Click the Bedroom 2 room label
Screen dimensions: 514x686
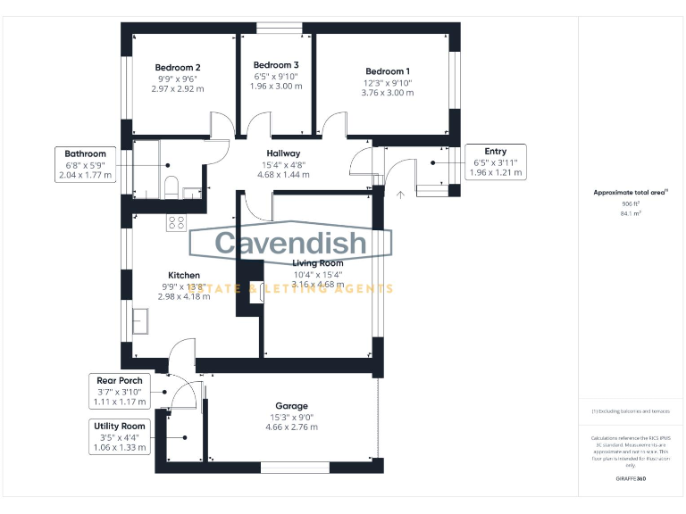point(177,68)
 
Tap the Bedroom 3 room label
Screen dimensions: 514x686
point(275,65)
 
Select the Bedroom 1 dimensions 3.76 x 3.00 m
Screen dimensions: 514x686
point(387,93)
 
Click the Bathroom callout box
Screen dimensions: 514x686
point(86,164)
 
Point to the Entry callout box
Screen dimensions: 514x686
point(495,162)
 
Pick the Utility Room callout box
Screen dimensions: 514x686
point(120,437)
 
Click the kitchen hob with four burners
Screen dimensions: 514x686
point(176,223)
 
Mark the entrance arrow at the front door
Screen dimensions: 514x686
point(401,192)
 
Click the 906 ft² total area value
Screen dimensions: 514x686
point(632,204)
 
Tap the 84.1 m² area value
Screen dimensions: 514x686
point(632,214)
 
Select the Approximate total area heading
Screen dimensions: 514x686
point(631,193)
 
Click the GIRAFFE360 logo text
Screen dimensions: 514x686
point(631,480)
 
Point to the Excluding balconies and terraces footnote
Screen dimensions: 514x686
point(631,411)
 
